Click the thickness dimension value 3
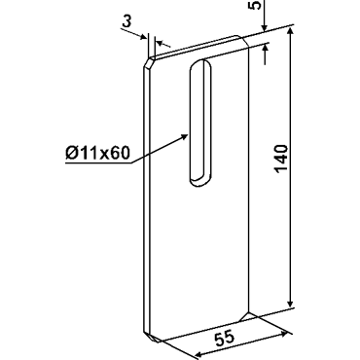click(x=127, y=22)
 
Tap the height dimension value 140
click(x=281, y=159)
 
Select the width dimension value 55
click(x=224, y=339)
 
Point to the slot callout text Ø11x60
click(x=97, y=153)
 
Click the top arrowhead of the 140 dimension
click(x=290, y=33)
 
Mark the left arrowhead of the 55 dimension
click(x=202, y=353)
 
